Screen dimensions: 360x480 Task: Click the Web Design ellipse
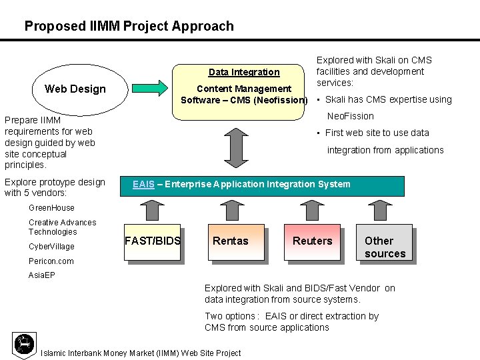coord(75,89)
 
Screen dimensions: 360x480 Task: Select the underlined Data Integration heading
coord(244,72)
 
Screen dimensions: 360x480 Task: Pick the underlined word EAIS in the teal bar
coord(143,184)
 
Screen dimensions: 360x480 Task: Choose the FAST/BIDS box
coord(153,241)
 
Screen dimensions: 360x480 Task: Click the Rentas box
coord(230,241)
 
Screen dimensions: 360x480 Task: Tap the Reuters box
coord(312,241)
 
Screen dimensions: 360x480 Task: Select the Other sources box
coord(385,247)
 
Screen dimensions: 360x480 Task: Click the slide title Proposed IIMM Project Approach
coord(129,27)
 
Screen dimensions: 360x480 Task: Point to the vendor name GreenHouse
coord(52,208)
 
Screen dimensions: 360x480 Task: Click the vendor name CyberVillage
coord(52,247)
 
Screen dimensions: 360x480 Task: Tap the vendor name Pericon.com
coord(51,261)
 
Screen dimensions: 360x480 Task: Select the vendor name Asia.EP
coord(42,275)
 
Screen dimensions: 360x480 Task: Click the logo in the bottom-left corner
coord(24,343)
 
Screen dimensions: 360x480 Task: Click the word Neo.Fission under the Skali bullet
coord(350,116)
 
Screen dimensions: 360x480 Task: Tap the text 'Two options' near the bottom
coord(230,316)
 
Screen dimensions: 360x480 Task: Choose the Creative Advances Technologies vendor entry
coord(62,227)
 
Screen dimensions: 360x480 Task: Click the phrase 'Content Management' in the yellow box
coord(244,89)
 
